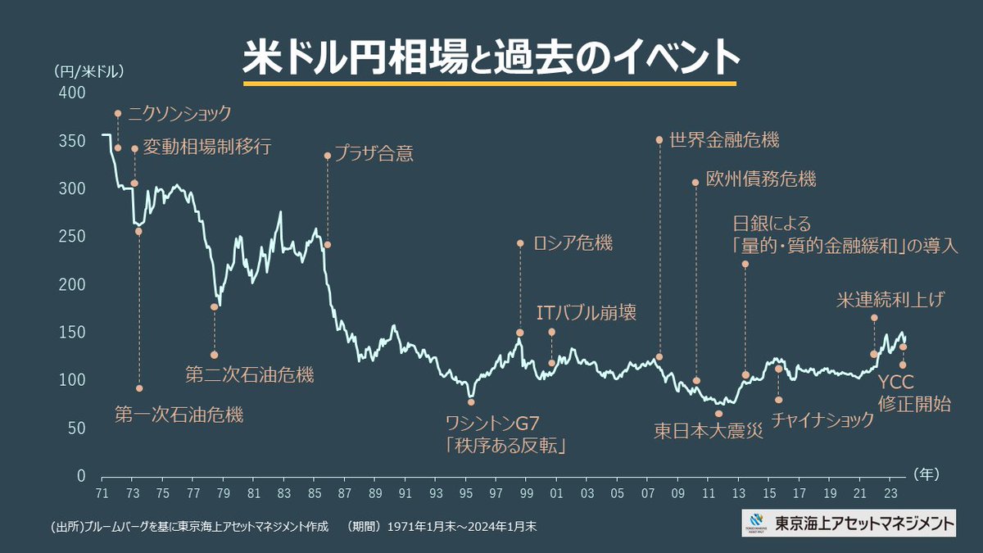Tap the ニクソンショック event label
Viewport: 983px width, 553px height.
tap(179, 114)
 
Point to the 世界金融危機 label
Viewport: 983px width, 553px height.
tap(723, 139)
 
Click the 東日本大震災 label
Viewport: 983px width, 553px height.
tap(709, 431)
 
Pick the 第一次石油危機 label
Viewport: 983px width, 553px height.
tap(179, 415)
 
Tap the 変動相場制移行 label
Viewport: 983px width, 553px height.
tap(206, 147)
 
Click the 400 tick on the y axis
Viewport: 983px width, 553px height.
tap(74, 93)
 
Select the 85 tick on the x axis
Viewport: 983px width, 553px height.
tap(315, 495)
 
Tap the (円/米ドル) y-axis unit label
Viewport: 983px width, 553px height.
tap(88, 70)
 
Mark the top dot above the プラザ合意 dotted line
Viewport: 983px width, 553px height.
tap(328, 155)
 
